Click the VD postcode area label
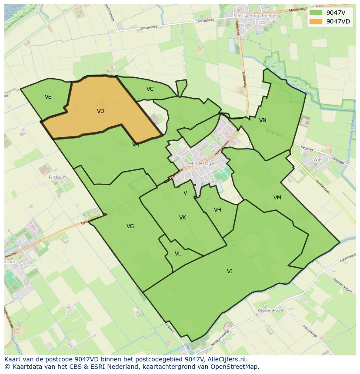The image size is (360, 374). [x=100, y=111]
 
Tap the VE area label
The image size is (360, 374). [x=48, y=97]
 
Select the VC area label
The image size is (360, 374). [x=150, y=89]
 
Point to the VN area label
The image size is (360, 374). [x=263, y=120]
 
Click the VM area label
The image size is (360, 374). [x=277, y=198]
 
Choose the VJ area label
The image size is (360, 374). [x=230, y=271]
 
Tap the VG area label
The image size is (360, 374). [x=130, y=226]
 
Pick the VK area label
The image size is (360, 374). [x=183, y=218]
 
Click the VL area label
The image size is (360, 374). [x=178, y=254]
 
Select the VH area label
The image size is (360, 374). [x=217, y=210]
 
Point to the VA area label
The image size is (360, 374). [x=136, y=145]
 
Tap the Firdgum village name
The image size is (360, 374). [x=58, y=178]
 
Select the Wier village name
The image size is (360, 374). [x=319, y=159]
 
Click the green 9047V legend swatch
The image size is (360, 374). [x=316, y=13]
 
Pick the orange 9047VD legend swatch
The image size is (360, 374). [x=316, y=21]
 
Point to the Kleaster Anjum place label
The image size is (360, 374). [x=270, y=311]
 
